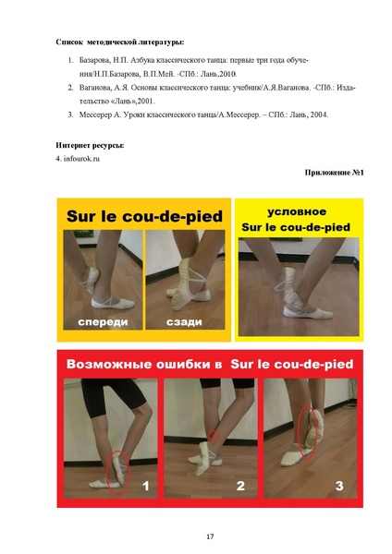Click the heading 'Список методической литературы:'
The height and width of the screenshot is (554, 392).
(x=119, y=42)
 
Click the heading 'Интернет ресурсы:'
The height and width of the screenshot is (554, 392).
(x=90, y=145)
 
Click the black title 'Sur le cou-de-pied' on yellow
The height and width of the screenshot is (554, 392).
(x=143, y=217)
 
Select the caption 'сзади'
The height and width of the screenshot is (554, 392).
(x=185, y=322)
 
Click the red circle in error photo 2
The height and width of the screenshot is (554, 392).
(x=214, y=436)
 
